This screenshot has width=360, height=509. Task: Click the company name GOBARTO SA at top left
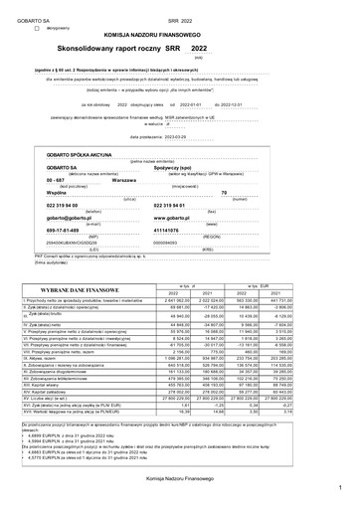25,19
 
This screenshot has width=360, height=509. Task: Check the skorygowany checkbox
35,31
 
